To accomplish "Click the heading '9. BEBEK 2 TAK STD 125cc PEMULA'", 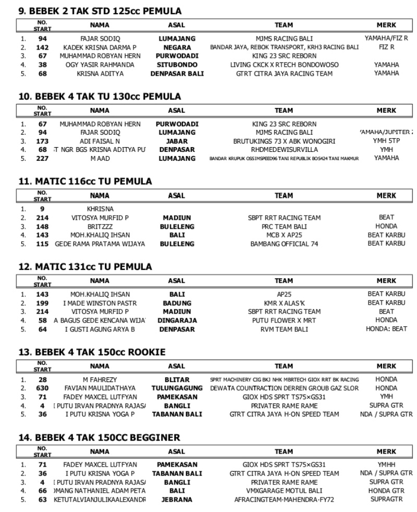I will [100, 11].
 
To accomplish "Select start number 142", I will [43, 47].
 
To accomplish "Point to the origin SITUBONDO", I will [177, 65].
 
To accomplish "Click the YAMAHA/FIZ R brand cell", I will [386, 39].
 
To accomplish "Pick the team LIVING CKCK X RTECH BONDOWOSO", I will [284, 65].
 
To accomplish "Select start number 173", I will [43, 141].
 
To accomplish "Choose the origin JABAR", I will [177, 141].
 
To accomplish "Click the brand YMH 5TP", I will [386, 141].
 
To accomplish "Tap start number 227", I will [43, 159].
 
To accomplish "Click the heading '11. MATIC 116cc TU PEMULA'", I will [85, 182].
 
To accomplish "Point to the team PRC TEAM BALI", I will [284, 227].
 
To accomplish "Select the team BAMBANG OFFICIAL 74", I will [284, 244].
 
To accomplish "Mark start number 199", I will [43, 303].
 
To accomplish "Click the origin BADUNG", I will [177, 303].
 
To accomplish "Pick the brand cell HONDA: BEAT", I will [386, 329].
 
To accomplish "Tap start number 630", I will [43, 388].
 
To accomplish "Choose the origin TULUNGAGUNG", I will [177, 388].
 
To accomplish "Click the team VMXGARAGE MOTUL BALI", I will [284, 491].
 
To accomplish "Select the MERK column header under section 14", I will [386, 451].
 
